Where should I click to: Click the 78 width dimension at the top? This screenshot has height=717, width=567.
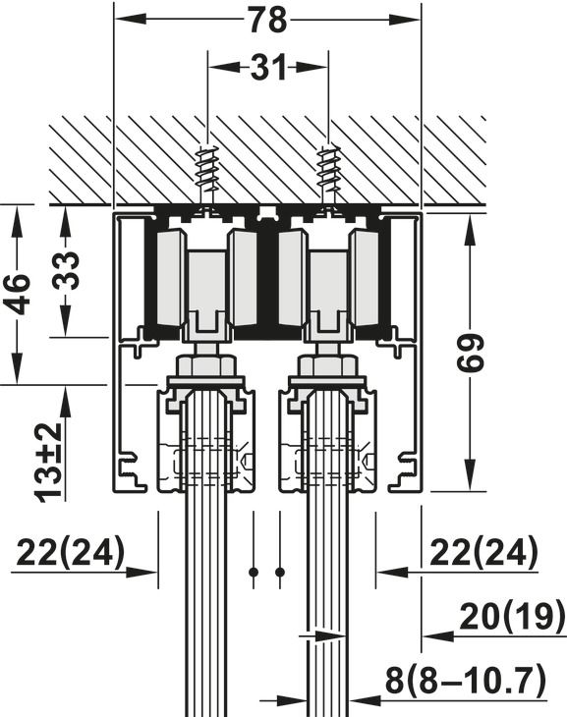pos(267,20)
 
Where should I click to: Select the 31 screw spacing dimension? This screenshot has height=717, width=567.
pos(266,69)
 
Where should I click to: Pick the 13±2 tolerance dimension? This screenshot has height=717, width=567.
pos(50,462)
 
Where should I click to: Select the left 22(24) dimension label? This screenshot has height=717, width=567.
pos(70,554)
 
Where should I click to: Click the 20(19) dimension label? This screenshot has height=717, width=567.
pos(512,618)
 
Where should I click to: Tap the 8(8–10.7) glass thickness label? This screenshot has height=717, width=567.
pos(464,680)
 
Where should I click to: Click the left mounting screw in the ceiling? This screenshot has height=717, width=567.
pos(208,172)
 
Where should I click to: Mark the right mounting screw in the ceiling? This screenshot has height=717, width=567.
pos(327,172)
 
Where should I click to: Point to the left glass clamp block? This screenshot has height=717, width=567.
pos(205,442)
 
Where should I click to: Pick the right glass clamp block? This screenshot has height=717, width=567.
pos(327,442)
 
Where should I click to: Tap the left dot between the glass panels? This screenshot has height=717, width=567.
pos(254,572)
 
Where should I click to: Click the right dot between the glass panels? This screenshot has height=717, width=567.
pos(280,572)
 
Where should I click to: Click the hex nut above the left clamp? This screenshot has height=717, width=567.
pos(205,368)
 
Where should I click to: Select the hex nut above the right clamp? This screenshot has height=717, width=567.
pos(327,368)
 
